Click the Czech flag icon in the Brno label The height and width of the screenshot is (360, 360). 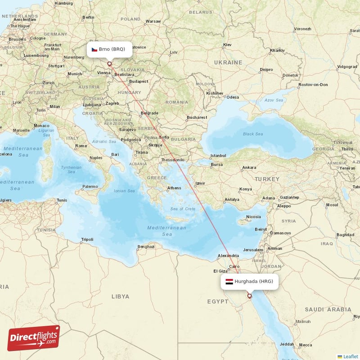94,49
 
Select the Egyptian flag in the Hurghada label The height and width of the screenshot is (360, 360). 229,282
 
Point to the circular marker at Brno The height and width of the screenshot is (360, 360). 109,64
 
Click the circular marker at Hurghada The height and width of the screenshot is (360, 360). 249,296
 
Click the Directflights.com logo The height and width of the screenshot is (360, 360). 33,337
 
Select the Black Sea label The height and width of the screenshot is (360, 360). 252,134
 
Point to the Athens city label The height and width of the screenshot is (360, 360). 174,188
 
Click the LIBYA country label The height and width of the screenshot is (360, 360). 120,297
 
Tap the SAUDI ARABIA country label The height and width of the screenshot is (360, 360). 328,310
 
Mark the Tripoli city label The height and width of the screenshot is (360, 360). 87,239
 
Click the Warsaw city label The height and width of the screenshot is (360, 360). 153,21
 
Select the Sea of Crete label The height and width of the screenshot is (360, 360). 183,209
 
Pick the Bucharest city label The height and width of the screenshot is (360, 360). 197,117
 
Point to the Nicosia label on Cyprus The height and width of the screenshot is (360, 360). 253,217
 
